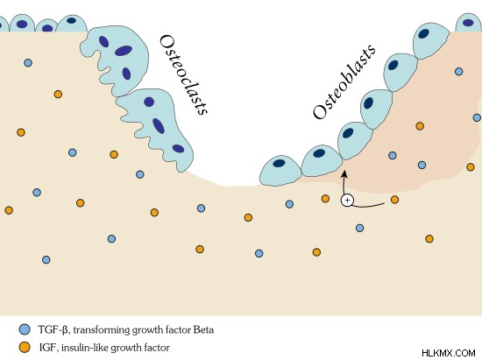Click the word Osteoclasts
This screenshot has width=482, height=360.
pyautogui.click(x=183, y=74)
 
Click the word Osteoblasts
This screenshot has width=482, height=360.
pyautogui.click(x=344, y=81)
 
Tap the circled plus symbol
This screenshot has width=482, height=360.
pyautogui.click(x=347, y=201)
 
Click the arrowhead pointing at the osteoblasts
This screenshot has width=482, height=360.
pyautogui.click(x=344, y=174)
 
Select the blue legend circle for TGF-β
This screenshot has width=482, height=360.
pyautogui.click(x=25, y=329)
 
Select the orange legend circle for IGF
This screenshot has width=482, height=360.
pyautogui.click(x=25, y=348)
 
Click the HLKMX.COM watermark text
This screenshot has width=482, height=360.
pyautogui.click(x=449, y=353)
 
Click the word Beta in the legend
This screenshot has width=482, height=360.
pyautogui.click(x=203, y=330)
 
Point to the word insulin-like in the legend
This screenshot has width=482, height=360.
pyautogui.click(x=85, y=348)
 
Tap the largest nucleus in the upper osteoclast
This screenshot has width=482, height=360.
pyautogui.click(x=124, y=51)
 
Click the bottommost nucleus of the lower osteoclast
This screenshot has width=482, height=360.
pyautogui.click(x=178, y=149)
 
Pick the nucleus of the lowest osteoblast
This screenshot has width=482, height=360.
pyautogui.click(x=279, y=164)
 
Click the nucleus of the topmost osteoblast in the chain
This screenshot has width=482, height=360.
pyautogui.click(x=424, y=33)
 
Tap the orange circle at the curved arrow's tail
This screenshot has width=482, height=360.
pyautogui.click(x=394, y=200)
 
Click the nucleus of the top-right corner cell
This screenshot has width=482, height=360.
pyautogui.click(x=468, y=23)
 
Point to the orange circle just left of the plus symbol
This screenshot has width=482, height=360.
pyautogui.click(x=325, y=199)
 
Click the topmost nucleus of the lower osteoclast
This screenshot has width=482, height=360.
pyautogui.click(x=149, y=102)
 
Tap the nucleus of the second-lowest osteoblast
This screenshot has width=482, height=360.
pyautogui.click(x=319, y=153)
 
